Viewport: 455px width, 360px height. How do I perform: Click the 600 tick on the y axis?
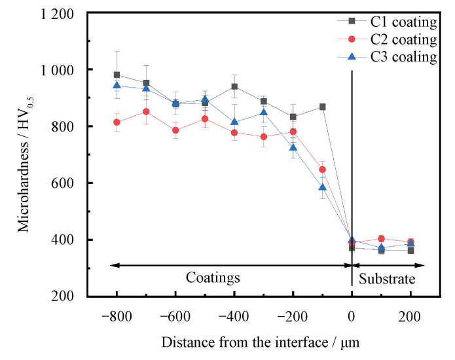tap(62, 183)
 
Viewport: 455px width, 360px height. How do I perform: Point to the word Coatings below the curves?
tap(213, 278)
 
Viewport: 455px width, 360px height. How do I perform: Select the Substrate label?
tap(387, 279)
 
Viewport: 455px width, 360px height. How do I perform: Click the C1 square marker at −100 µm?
tap(323, 107)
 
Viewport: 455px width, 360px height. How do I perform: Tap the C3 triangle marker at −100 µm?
tap(323, 187)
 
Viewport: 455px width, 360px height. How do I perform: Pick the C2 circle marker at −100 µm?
tap(323, 170)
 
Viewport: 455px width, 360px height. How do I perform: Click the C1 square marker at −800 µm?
tap(117, 75)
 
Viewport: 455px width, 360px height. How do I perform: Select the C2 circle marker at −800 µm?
tap(117, 122)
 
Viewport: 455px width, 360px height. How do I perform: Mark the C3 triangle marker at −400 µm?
tap(234, 122)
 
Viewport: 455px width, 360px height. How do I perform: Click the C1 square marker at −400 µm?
tap(234, 86)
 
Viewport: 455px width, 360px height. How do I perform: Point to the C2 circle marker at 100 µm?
tap(382, 239)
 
